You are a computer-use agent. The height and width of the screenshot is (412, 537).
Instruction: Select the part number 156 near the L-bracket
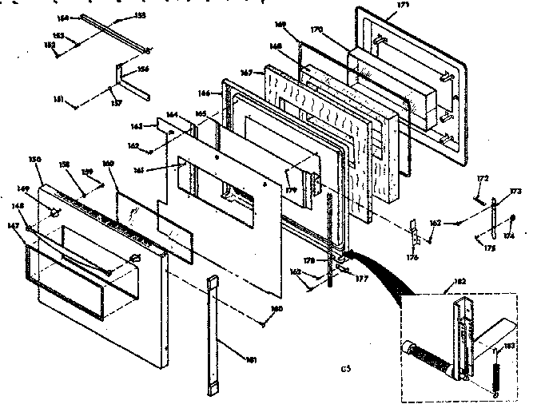pyautogui.click(x=144, y=69)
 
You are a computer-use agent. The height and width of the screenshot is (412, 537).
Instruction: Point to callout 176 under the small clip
pyautogui.click(x=412, y=256)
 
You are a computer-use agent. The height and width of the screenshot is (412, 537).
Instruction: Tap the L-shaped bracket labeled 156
pyautogui.click(x=125, y=80)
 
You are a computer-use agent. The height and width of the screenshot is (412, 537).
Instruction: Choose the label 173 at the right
pyautogui.click(x=515, y=192)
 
